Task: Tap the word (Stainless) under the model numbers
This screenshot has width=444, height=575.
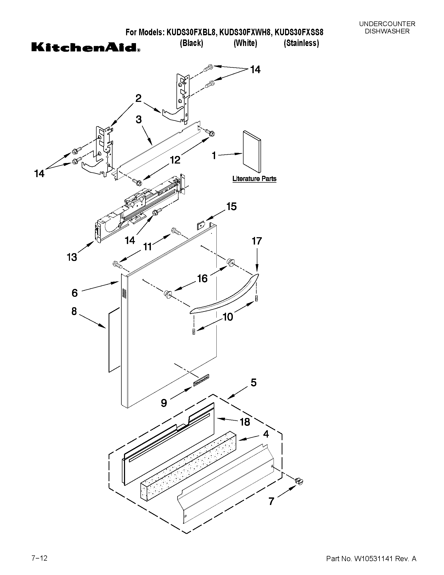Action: coord(301,43)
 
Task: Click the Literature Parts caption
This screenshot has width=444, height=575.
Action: coord(254,179)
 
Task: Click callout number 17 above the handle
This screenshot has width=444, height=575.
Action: coord(257,241)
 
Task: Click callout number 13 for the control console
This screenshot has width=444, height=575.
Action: coord(72,257)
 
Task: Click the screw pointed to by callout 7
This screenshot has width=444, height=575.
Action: coord(299,481)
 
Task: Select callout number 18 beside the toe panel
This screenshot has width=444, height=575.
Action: coord(245,422)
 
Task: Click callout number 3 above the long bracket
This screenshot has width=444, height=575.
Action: coord(139,120)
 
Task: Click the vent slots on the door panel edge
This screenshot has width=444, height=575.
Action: coord(124,294)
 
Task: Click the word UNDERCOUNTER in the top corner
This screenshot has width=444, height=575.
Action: coord(387,24)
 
